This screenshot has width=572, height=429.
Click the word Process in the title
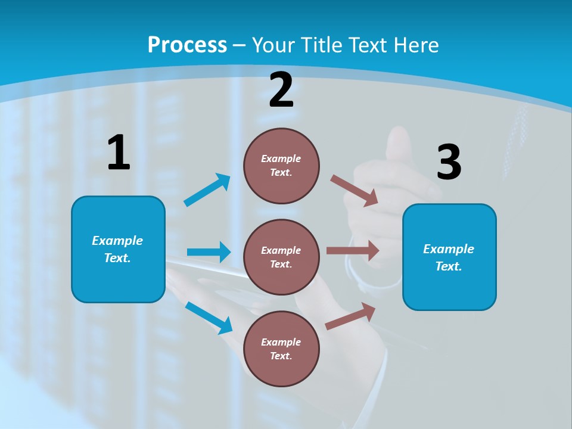(187, 45)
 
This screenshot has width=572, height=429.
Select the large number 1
(119, 153)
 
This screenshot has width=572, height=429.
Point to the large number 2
(281, 90)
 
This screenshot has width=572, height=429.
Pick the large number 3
(449, 162)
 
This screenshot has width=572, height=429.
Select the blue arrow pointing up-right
(207, 190)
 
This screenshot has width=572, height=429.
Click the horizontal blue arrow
(209, 252)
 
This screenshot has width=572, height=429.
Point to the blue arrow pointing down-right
(209, 317)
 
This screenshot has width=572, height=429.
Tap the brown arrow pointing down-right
(354, 191)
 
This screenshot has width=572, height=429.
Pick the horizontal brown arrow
(353, 250)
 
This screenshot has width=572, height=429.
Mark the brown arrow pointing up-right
(350, 316)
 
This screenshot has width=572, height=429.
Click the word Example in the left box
(117, 241)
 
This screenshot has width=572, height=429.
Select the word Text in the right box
(448, 266)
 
